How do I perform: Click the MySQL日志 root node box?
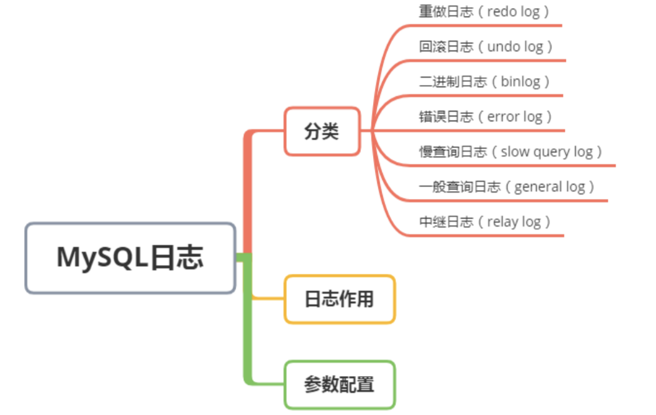coord(130,258)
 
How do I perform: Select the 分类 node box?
coord(322,131)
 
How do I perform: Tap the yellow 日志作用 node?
coord(340,299)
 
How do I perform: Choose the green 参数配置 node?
coord(340,385)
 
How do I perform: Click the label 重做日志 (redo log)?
coord(484,12)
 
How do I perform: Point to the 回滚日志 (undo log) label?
coord(486,47)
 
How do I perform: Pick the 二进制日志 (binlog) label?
coord(484,82)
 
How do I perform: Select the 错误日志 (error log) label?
coord(486,116)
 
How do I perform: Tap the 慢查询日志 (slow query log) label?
coord(511,152)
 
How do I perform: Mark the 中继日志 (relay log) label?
coord(485,221)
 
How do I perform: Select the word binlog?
coord(520,82)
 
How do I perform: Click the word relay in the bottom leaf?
coord(503,222)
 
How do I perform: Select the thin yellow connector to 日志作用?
coord(268,298)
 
